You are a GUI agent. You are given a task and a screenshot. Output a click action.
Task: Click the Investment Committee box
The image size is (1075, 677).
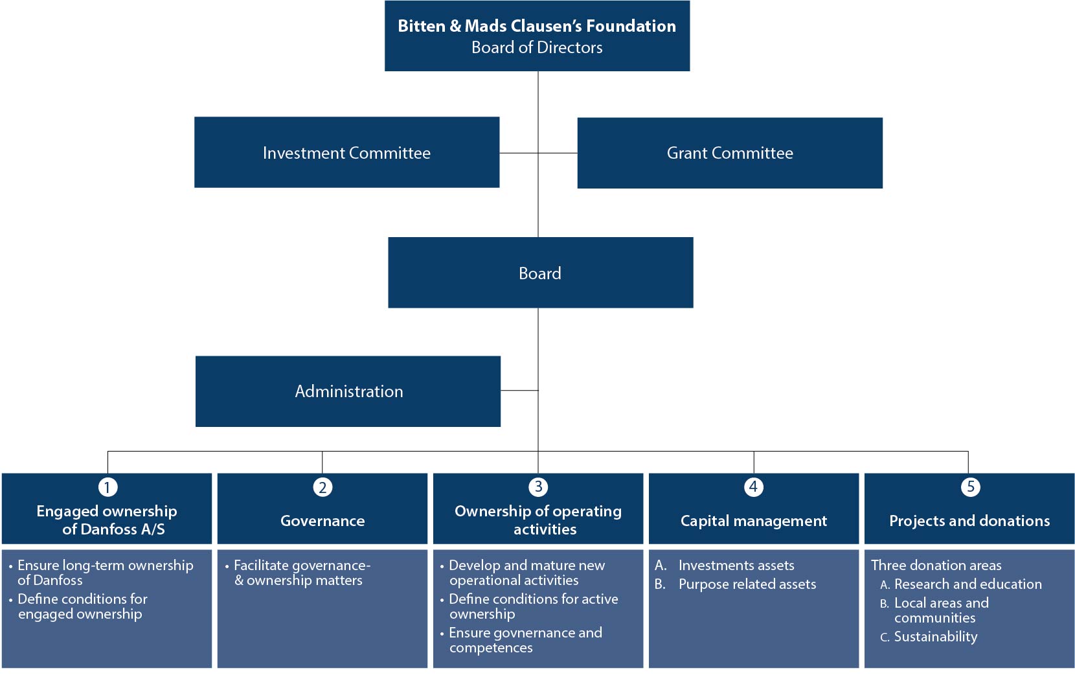346,152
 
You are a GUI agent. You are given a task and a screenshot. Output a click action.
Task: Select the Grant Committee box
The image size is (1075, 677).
729,153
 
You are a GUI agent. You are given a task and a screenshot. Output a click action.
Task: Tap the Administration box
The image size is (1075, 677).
348,391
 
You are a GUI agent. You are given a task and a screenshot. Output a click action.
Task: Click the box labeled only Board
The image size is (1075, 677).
540,272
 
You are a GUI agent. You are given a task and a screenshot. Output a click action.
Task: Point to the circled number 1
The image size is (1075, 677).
107,487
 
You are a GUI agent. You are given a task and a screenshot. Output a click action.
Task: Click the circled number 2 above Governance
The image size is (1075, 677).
322,487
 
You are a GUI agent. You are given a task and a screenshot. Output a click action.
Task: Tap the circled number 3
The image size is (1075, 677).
538,487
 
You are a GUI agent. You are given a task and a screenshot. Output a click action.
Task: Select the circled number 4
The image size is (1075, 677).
753,487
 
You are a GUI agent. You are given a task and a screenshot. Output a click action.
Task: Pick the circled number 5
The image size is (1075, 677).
970,487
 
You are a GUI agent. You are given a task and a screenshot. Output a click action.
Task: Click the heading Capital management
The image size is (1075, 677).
753,521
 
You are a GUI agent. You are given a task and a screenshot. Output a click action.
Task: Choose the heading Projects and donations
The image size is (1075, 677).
969,521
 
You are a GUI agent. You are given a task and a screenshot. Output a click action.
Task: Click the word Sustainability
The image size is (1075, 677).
936,637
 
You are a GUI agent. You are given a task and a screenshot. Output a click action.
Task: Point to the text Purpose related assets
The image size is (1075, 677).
747,584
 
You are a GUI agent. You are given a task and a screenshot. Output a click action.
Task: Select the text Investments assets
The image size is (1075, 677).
736,565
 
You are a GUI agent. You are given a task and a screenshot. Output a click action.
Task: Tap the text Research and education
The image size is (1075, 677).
968,584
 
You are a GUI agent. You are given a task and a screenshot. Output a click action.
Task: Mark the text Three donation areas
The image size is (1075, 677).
936,565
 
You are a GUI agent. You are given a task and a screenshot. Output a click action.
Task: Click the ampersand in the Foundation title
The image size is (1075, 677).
455,26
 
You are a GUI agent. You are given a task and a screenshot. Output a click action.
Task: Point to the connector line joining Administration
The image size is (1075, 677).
519,391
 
